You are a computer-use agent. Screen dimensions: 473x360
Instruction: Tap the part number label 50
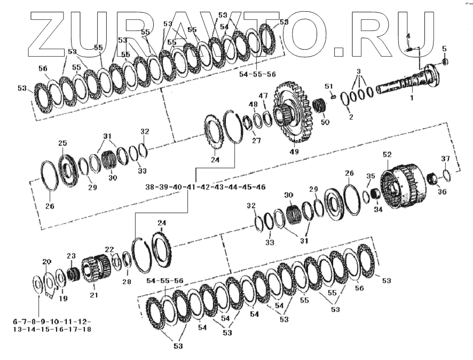coord(325,122)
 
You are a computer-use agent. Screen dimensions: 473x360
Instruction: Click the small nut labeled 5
coord(445,61)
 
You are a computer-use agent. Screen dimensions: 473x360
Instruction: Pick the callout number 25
coord(62,143)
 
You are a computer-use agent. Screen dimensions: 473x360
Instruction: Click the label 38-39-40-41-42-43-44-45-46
coord(206,187)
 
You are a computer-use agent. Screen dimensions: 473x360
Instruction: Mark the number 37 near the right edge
coord(445,159)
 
